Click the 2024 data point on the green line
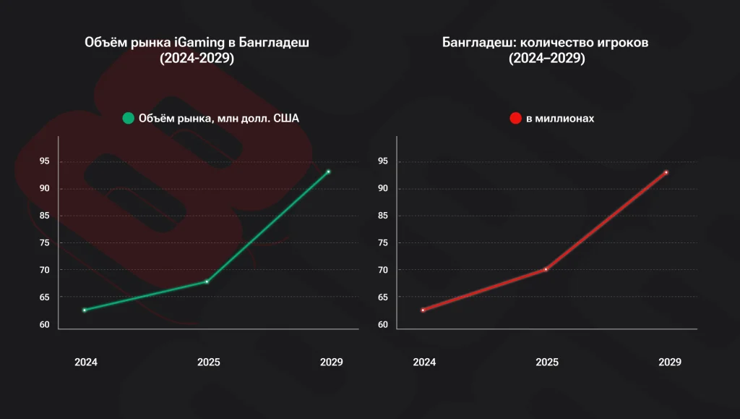click(85, 310)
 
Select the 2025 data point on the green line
click(207, 282)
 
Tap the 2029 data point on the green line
click(328, 172)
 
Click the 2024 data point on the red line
click(423, 310)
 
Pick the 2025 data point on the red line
click(546, 269)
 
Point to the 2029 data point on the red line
click(666, 172)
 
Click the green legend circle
click(129, 118)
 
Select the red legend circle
click(516, 118)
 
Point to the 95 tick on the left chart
click(45, 161)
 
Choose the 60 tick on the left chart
click(45, 324)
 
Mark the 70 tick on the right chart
click(383, 270)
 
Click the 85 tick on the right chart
click(383, 216)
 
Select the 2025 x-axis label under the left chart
click(208, 362)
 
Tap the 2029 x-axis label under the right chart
click(670, 362)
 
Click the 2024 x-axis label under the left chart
click(86, 362)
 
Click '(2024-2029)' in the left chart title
click(197, 60)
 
